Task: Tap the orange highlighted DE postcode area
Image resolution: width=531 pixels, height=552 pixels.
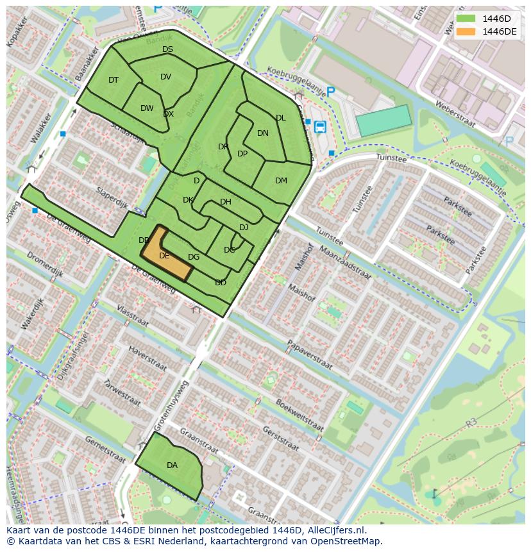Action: (x=165, y=255)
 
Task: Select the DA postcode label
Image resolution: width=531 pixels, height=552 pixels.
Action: (x=172, y=465)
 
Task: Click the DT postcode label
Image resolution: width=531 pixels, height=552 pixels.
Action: (x=114, y=80)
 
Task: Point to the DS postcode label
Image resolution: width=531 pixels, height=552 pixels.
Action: (x=167, y=49)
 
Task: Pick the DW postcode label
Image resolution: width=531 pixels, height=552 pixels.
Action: (x=147, y=108)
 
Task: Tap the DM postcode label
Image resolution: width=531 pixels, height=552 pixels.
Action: (x=281, y=181)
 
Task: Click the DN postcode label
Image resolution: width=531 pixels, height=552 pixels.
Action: (x=263, y=133)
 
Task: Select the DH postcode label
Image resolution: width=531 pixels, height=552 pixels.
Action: (x=226, y=202)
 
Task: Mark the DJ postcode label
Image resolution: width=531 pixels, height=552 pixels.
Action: (x=244, y=228)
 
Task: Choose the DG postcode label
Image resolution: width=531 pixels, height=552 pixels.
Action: (x=194, y=257)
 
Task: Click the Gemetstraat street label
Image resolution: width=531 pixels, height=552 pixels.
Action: (x=105, y=449)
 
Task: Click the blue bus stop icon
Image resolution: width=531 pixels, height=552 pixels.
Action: (x=319, y=126)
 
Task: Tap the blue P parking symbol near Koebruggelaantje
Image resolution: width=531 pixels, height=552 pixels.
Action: (x=331, y=92)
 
